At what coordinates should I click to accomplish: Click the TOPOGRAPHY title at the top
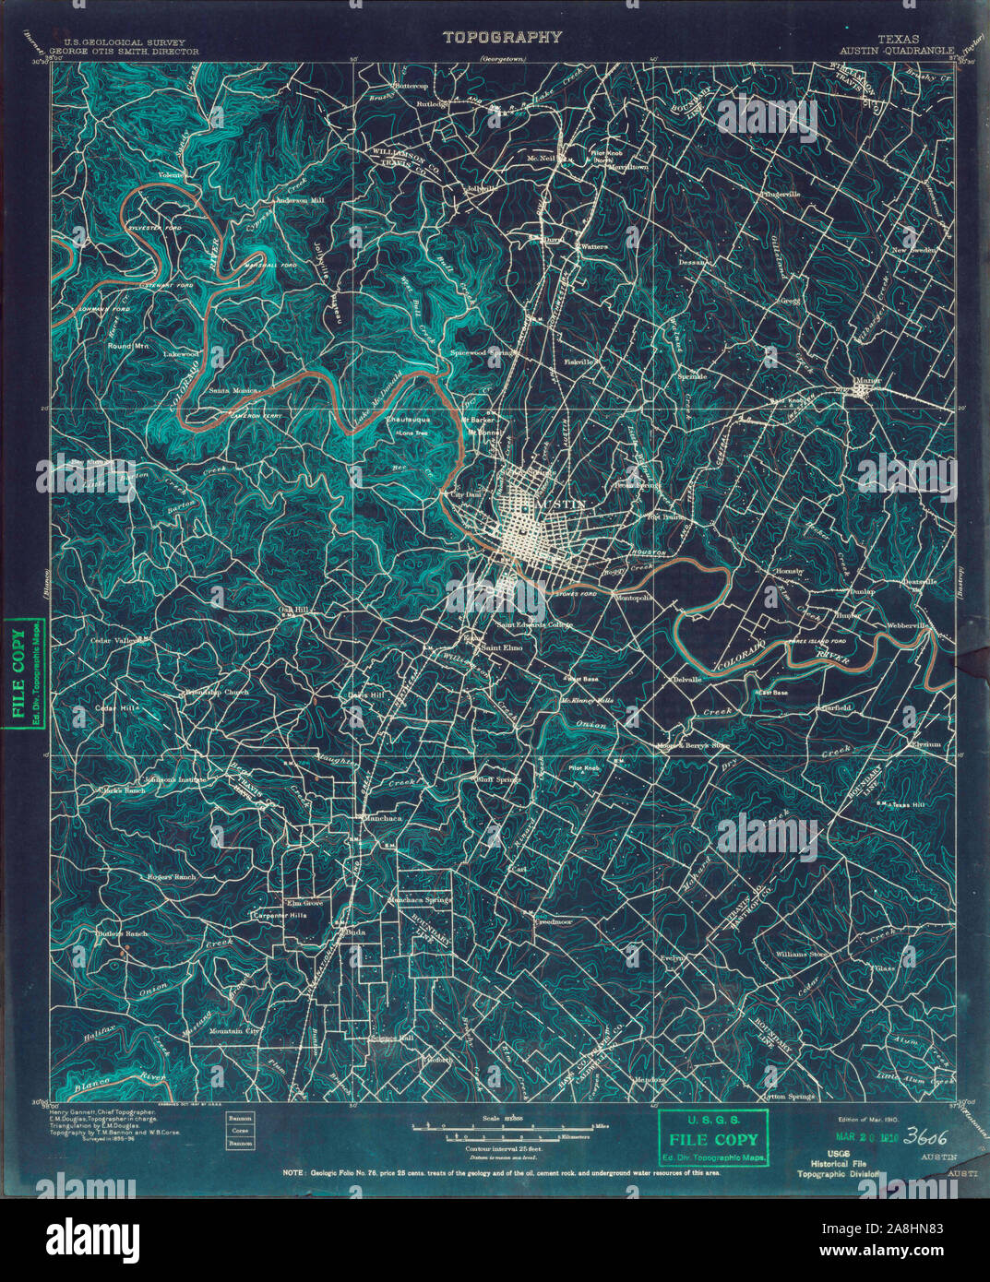pos(502,38)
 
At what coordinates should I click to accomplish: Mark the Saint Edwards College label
pos(535,625)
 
